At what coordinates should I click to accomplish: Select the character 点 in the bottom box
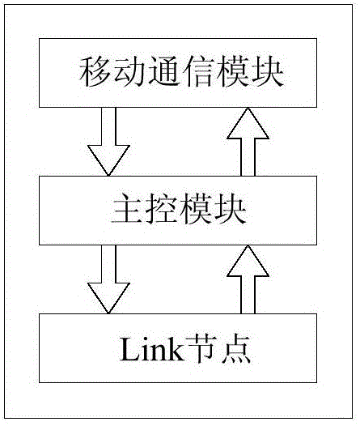tap(235, 349)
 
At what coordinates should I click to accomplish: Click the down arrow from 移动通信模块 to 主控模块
tap(108, 142)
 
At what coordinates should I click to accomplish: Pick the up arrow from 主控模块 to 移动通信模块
tap(248, 142)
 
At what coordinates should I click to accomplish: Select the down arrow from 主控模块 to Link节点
tap(108, 279)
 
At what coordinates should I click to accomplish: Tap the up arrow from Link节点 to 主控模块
tap(248, 279)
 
